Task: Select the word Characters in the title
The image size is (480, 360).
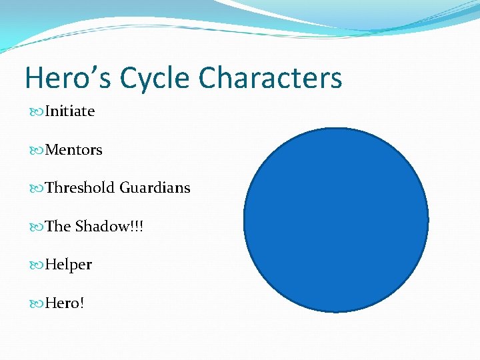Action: click(271, 78)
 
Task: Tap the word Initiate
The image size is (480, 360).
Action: click(70, 111)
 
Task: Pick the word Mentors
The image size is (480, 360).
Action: click(74, 150)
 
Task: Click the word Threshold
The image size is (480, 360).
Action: click(81, 188)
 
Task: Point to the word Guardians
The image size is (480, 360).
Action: click(155, 188)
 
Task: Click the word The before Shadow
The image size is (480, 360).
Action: click(58, 227)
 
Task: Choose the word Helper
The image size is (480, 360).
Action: click(69, 265)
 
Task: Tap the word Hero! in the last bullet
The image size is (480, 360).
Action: click(65, 303)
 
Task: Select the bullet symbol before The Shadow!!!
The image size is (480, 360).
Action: click(37, 227)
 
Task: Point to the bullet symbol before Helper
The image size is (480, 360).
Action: click(37, 265)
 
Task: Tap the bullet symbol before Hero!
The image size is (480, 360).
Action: click(37, 304)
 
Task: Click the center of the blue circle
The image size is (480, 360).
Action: click(336, 219)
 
